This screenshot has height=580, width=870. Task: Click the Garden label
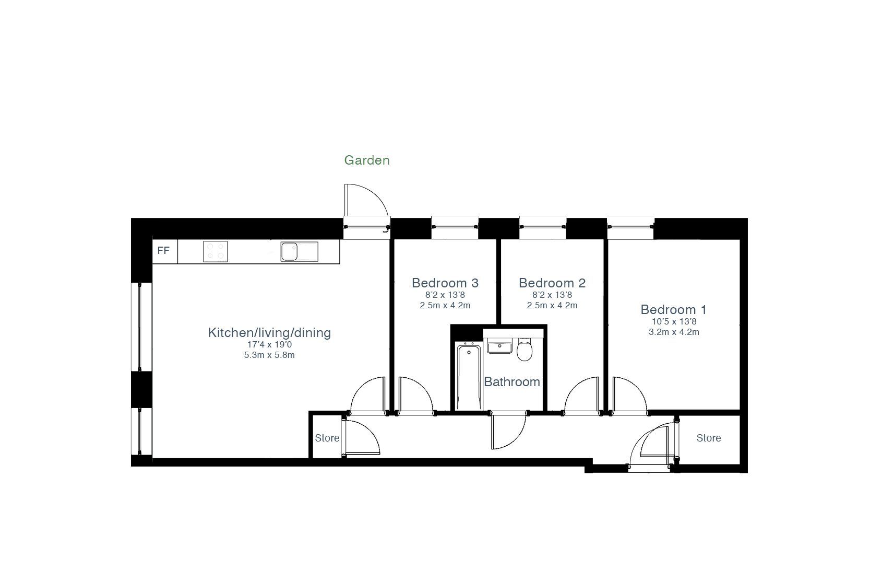[x=367, y=160]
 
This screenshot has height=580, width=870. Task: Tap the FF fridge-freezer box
[x=165, y=251]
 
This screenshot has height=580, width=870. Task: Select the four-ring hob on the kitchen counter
[x=215, y=251]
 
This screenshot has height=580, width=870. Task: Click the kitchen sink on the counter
[x=299, y=251]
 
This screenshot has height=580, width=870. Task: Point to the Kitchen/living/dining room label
[x=269, y=333]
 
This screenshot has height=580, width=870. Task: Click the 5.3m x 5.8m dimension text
[x=269, y=355]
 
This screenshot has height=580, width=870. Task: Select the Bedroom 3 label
[x=445, y=283]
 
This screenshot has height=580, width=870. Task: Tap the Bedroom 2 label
[x=552, y=283]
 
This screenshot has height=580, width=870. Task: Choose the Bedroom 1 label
[x=673, y=309]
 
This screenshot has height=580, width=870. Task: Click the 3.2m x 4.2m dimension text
[x=674, y=332]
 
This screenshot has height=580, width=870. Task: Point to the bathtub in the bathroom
[x=469, y=376]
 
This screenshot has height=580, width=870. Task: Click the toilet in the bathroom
[x=525, y=350]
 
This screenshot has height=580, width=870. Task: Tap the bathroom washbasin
[x=499, y=346]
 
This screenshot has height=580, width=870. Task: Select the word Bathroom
[x=512, y=382]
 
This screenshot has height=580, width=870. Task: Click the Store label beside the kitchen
[x=327, y=438]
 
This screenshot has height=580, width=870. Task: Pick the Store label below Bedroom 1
[x=708, y=438]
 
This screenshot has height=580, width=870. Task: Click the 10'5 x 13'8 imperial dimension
[x=674, y=321]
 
